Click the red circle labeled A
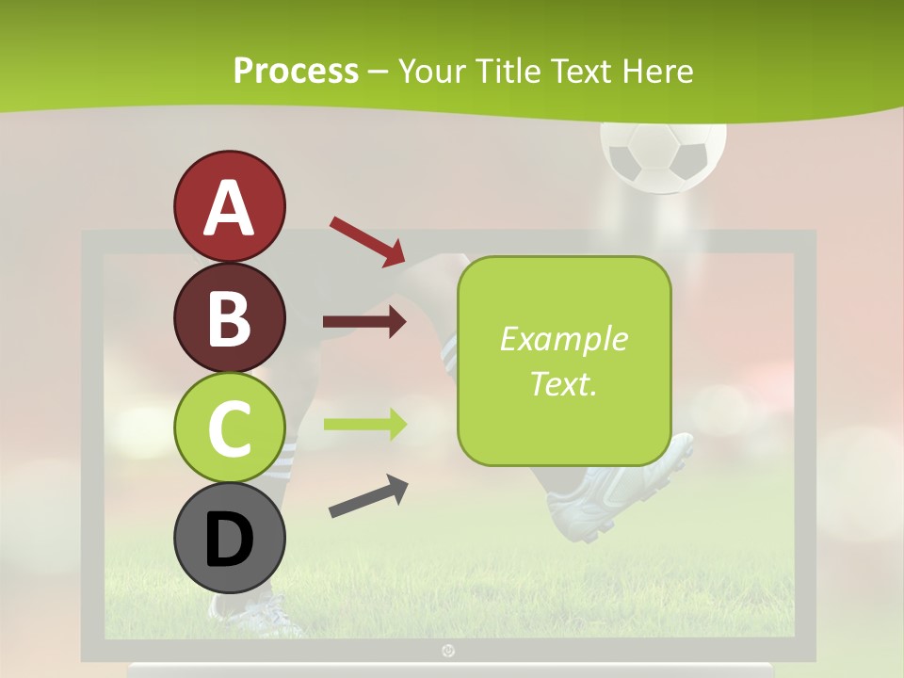click(229, 206)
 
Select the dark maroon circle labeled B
click(229, 317)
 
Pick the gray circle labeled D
click(229, 538)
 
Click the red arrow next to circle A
click(367, 241)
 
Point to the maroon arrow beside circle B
click(364, 322)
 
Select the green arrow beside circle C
click(364, 424)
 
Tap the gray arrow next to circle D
click(368, 496)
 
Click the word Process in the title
click(296, 71)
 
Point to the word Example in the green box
click(563, 339)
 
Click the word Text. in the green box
click(563, 383)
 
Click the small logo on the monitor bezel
click(448, 650)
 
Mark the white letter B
click(229, 317)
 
